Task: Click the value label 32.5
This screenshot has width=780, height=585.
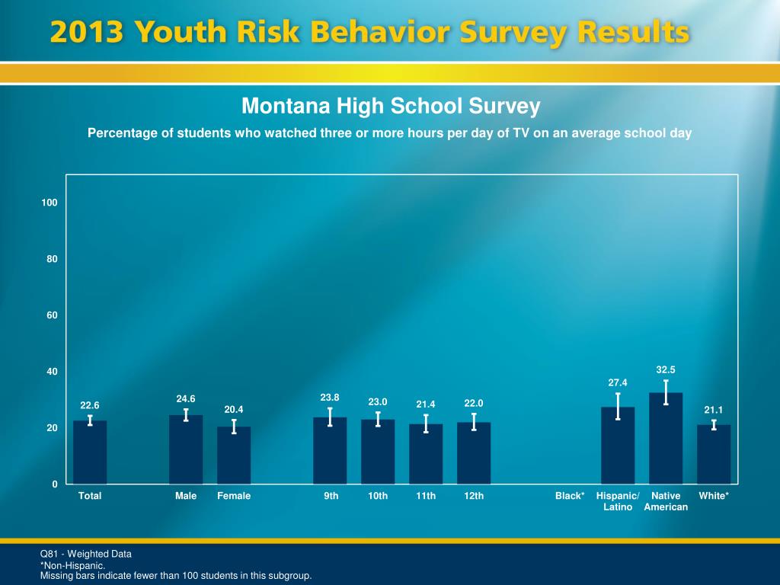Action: tap(666, 369)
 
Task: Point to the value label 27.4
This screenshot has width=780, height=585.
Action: tap(618, 382)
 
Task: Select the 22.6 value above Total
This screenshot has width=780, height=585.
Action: tap(90, 405)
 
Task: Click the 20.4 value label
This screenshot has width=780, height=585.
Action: tap(234, 410)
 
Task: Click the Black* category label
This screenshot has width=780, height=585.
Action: tap(570, 496)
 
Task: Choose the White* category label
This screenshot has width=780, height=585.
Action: tap(714, 496)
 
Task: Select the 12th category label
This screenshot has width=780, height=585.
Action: tap(474, 496)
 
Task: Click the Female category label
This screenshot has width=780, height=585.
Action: tap(234, 496)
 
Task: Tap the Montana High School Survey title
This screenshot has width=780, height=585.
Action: tap(391, 106)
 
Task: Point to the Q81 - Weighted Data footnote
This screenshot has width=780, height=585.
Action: tap(86, 554)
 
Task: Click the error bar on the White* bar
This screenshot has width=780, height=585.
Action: tap(714, 424)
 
